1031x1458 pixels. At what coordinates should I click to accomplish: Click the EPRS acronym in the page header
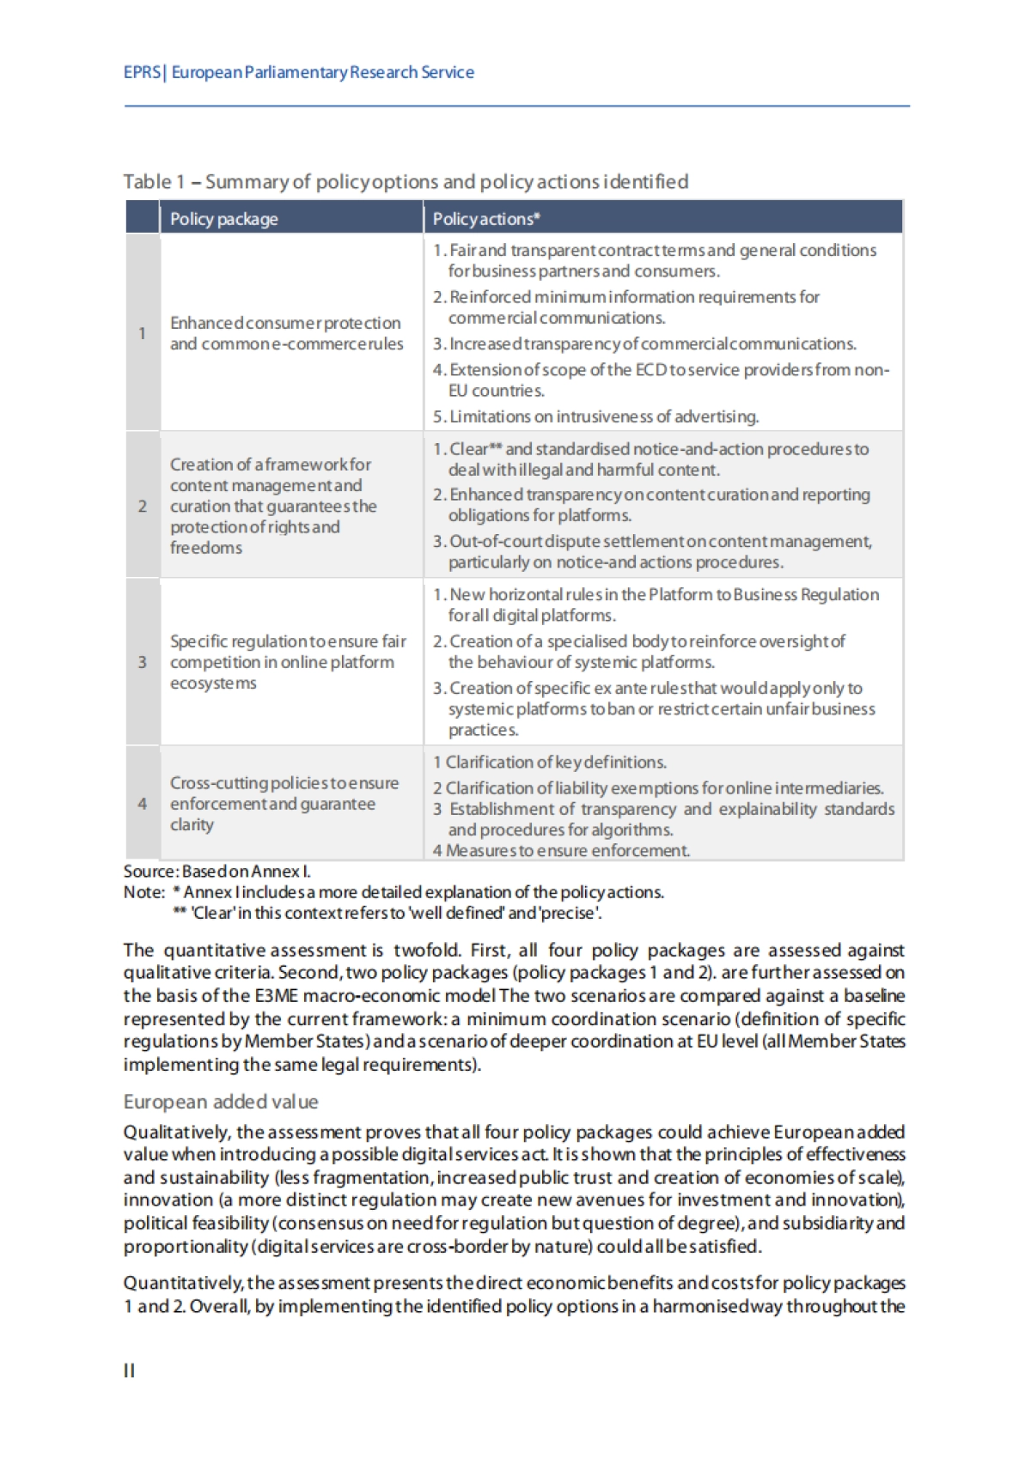point(142,72)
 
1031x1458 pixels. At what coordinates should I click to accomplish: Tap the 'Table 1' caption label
point(154,182)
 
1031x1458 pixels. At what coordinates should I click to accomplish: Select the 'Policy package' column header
point(223,219)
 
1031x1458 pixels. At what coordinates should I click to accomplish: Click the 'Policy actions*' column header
point(486,219)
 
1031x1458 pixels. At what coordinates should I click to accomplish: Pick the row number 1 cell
point(143,333)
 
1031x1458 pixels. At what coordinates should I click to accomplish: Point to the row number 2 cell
point(143,506)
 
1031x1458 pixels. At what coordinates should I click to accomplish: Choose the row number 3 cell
point(143,662)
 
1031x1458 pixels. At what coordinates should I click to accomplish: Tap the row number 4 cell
point(143,804)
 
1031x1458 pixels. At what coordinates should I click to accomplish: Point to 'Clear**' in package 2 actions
point(475,449)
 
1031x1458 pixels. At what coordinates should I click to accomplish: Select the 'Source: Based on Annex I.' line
point(217,872)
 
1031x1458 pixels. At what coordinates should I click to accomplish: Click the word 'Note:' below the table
point(143,892)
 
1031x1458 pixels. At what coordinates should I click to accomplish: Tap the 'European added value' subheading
point(221,1102)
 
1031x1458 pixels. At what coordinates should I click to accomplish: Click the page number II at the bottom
point(129,1370)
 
